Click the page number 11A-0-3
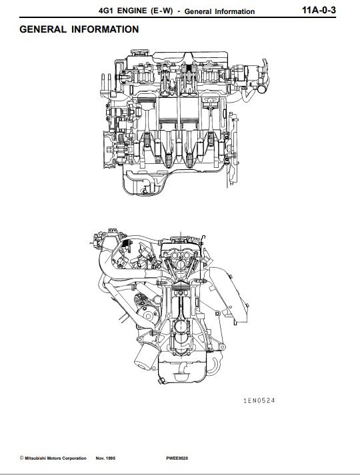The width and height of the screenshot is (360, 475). coord(319,10)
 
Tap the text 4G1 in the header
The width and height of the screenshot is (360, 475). coord(105,11)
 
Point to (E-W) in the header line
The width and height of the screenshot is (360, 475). coord(161,11)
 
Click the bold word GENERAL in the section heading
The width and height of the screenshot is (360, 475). coord(43,29)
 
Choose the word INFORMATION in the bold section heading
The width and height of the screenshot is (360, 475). coord(105,29)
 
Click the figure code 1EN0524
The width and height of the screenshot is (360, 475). coord(259,400)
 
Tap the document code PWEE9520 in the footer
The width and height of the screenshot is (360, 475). coord(177,458)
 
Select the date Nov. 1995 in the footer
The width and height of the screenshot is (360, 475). coord(105,458)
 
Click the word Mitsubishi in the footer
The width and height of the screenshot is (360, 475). coord(35,458)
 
